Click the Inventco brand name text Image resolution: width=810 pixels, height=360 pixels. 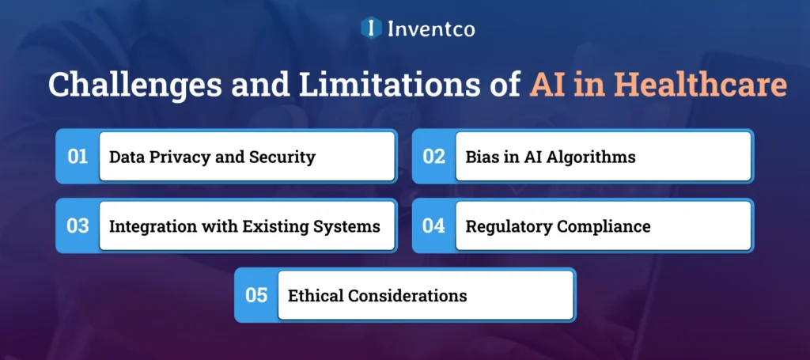click(431, 29)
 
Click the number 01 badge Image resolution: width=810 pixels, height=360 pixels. click(78, 157)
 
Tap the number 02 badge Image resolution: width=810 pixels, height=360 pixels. click(433, 157)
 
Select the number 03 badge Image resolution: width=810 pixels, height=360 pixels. click(78, 226)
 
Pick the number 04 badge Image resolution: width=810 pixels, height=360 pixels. click(433, 226)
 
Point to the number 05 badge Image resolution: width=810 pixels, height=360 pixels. click(256, 296)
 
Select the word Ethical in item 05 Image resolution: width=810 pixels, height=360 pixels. click(316, 296)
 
